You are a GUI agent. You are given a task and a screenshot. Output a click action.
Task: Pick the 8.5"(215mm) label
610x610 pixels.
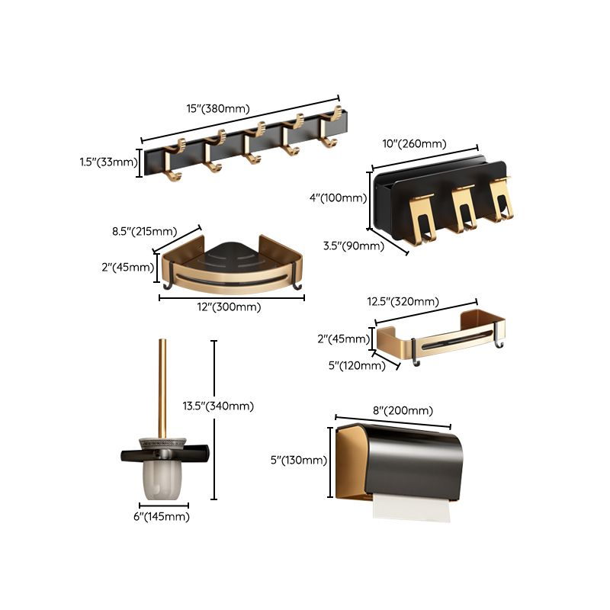[146, 231]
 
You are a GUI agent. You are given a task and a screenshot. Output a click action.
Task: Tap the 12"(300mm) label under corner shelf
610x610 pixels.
[229, 307]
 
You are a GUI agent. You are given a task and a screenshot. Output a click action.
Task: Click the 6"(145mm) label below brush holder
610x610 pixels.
[162, 517]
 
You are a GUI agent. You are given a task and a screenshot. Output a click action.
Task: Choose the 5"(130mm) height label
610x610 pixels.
[298, 461]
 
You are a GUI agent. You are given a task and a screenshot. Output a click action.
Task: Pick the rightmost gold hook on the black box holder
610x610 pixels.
[499, 202]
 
